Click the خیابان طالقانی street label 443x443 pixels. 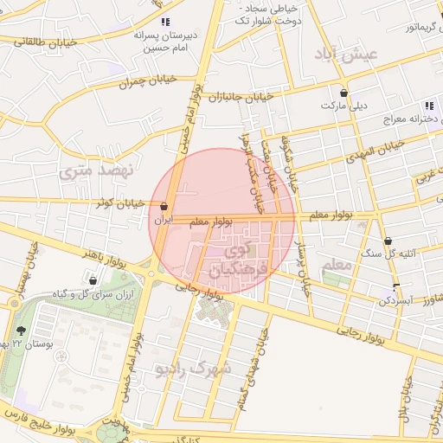point(43,41)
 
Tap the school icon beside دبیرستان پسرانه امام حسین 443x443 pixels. point(165,22)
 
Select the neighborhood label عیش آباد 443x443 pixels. point(348,55)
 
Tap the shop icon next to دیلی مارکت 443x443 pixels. point(345,93)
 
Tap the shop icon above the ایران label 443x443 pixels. point(164,207)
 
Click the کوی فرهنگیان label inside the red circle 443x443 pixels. point(231,262)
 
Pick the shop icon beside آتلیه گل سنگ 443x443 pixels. point(388,241)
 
